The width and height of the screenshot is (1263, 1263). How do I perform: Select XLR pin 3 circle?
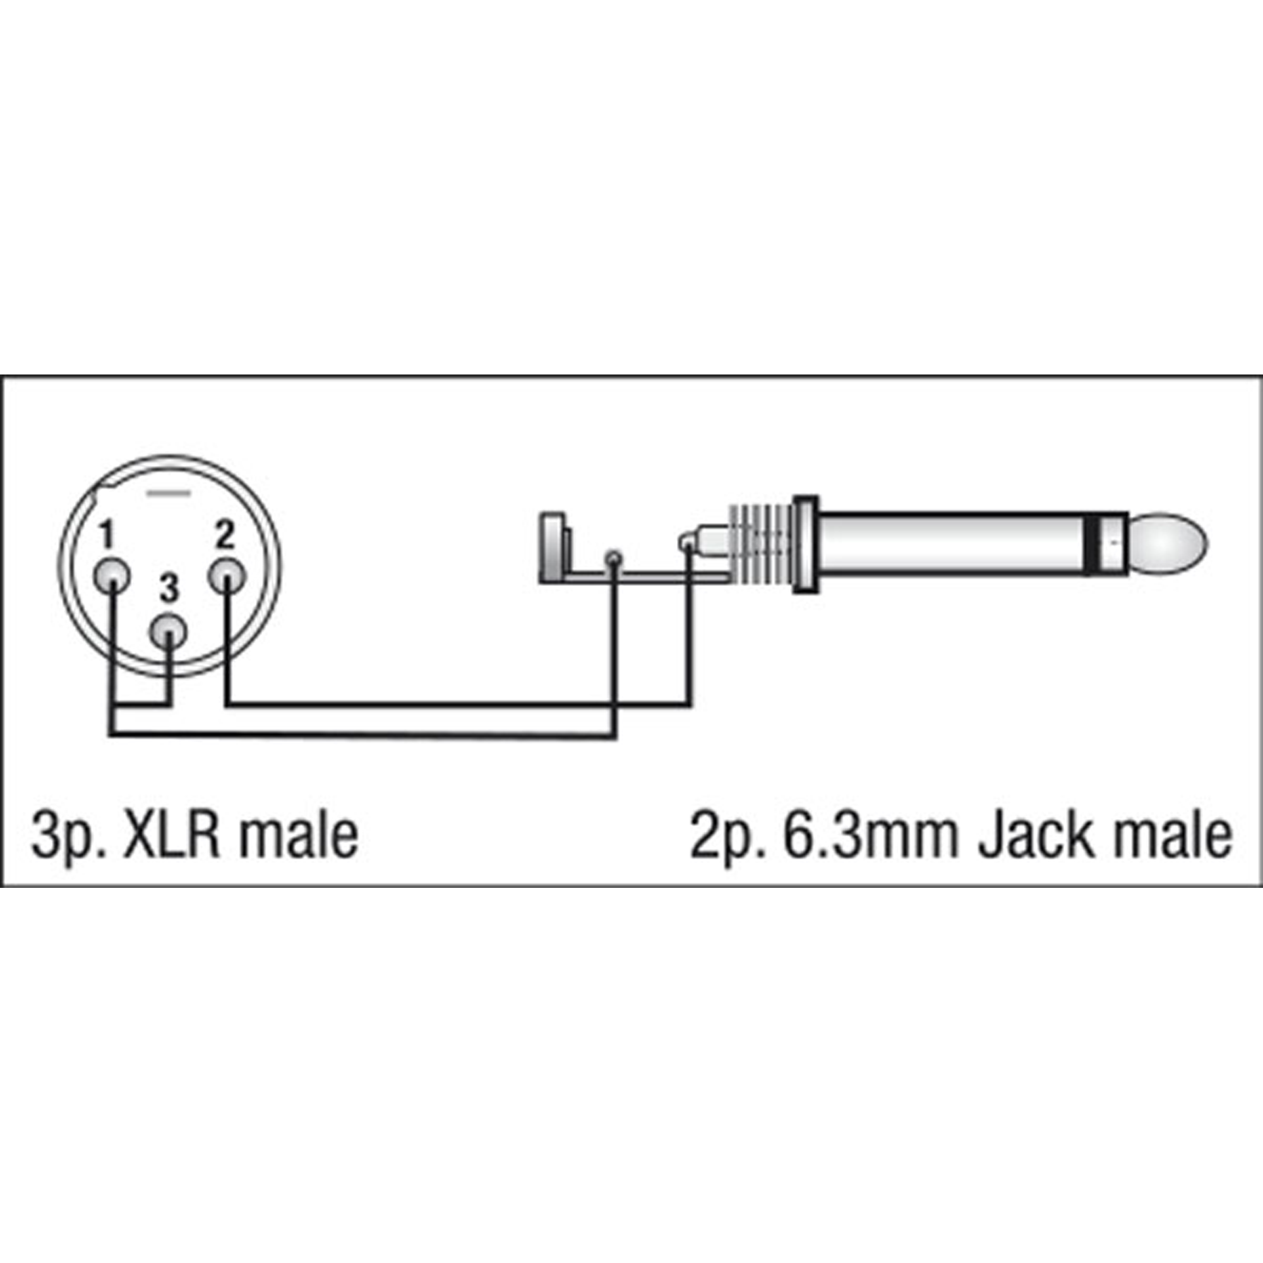point(169,632)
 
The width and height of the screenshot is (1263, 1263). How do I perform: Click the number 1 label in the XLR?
point(106,536)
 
